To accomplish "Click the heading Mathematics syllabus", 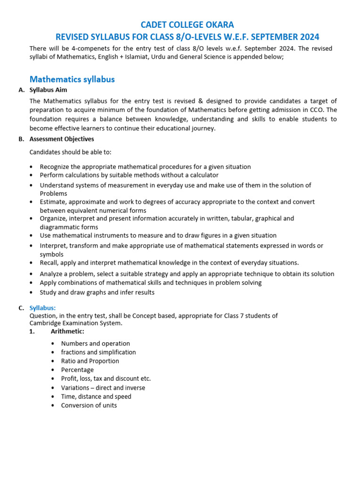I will click(72, 79).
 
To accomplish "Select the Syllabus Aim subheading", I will click(48, 90).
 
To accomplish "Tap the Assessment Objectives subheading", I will click(62, 139).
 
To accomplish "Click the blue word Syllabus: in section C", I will click(42, 308).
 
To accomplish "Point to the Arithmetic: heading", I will click(67, 331).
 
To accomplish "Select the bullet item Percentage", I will click(77, 370).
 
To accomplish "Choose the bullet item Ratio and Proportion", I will click(90, 361).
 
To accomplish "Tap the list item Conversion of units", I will click(89, 405).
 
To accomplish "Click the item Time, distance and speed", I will click(96, 396).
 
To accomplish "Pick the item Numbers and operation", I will click(96, 344).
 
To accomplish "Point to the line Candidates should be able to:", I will click(71, 153).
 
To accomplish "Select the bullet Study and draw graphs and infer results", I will click(97, 292).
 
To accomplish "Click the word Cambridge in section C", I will click(46, 323).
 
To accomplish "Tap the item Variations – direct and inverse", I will click(103, 388).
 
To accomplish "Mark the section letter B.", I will click(21, 139).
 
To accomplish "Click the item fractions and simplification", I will click(99, 352).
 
